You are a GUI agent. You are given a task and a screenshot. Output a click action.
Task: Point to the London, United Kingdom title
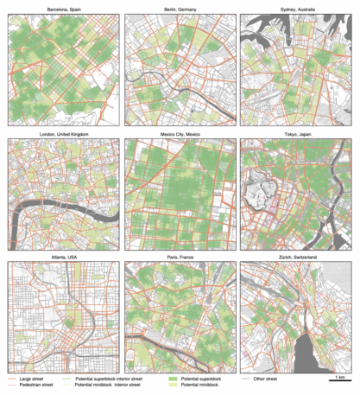[62, 134]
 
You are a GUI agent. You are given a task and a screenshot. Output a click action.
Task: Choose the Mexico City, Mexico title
[180, 134]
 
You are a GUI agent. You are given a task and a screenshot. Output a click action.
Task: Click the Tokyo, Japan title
[297, 134]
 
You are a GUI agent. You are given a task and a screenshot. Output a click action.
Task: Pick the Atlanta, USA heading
[62, 258]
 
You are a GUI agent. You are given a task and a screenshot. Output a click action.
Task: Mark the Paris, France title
[180, 258]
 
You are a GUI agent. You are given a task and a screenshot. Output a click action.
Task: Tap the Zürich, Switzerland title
[297, 258]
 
